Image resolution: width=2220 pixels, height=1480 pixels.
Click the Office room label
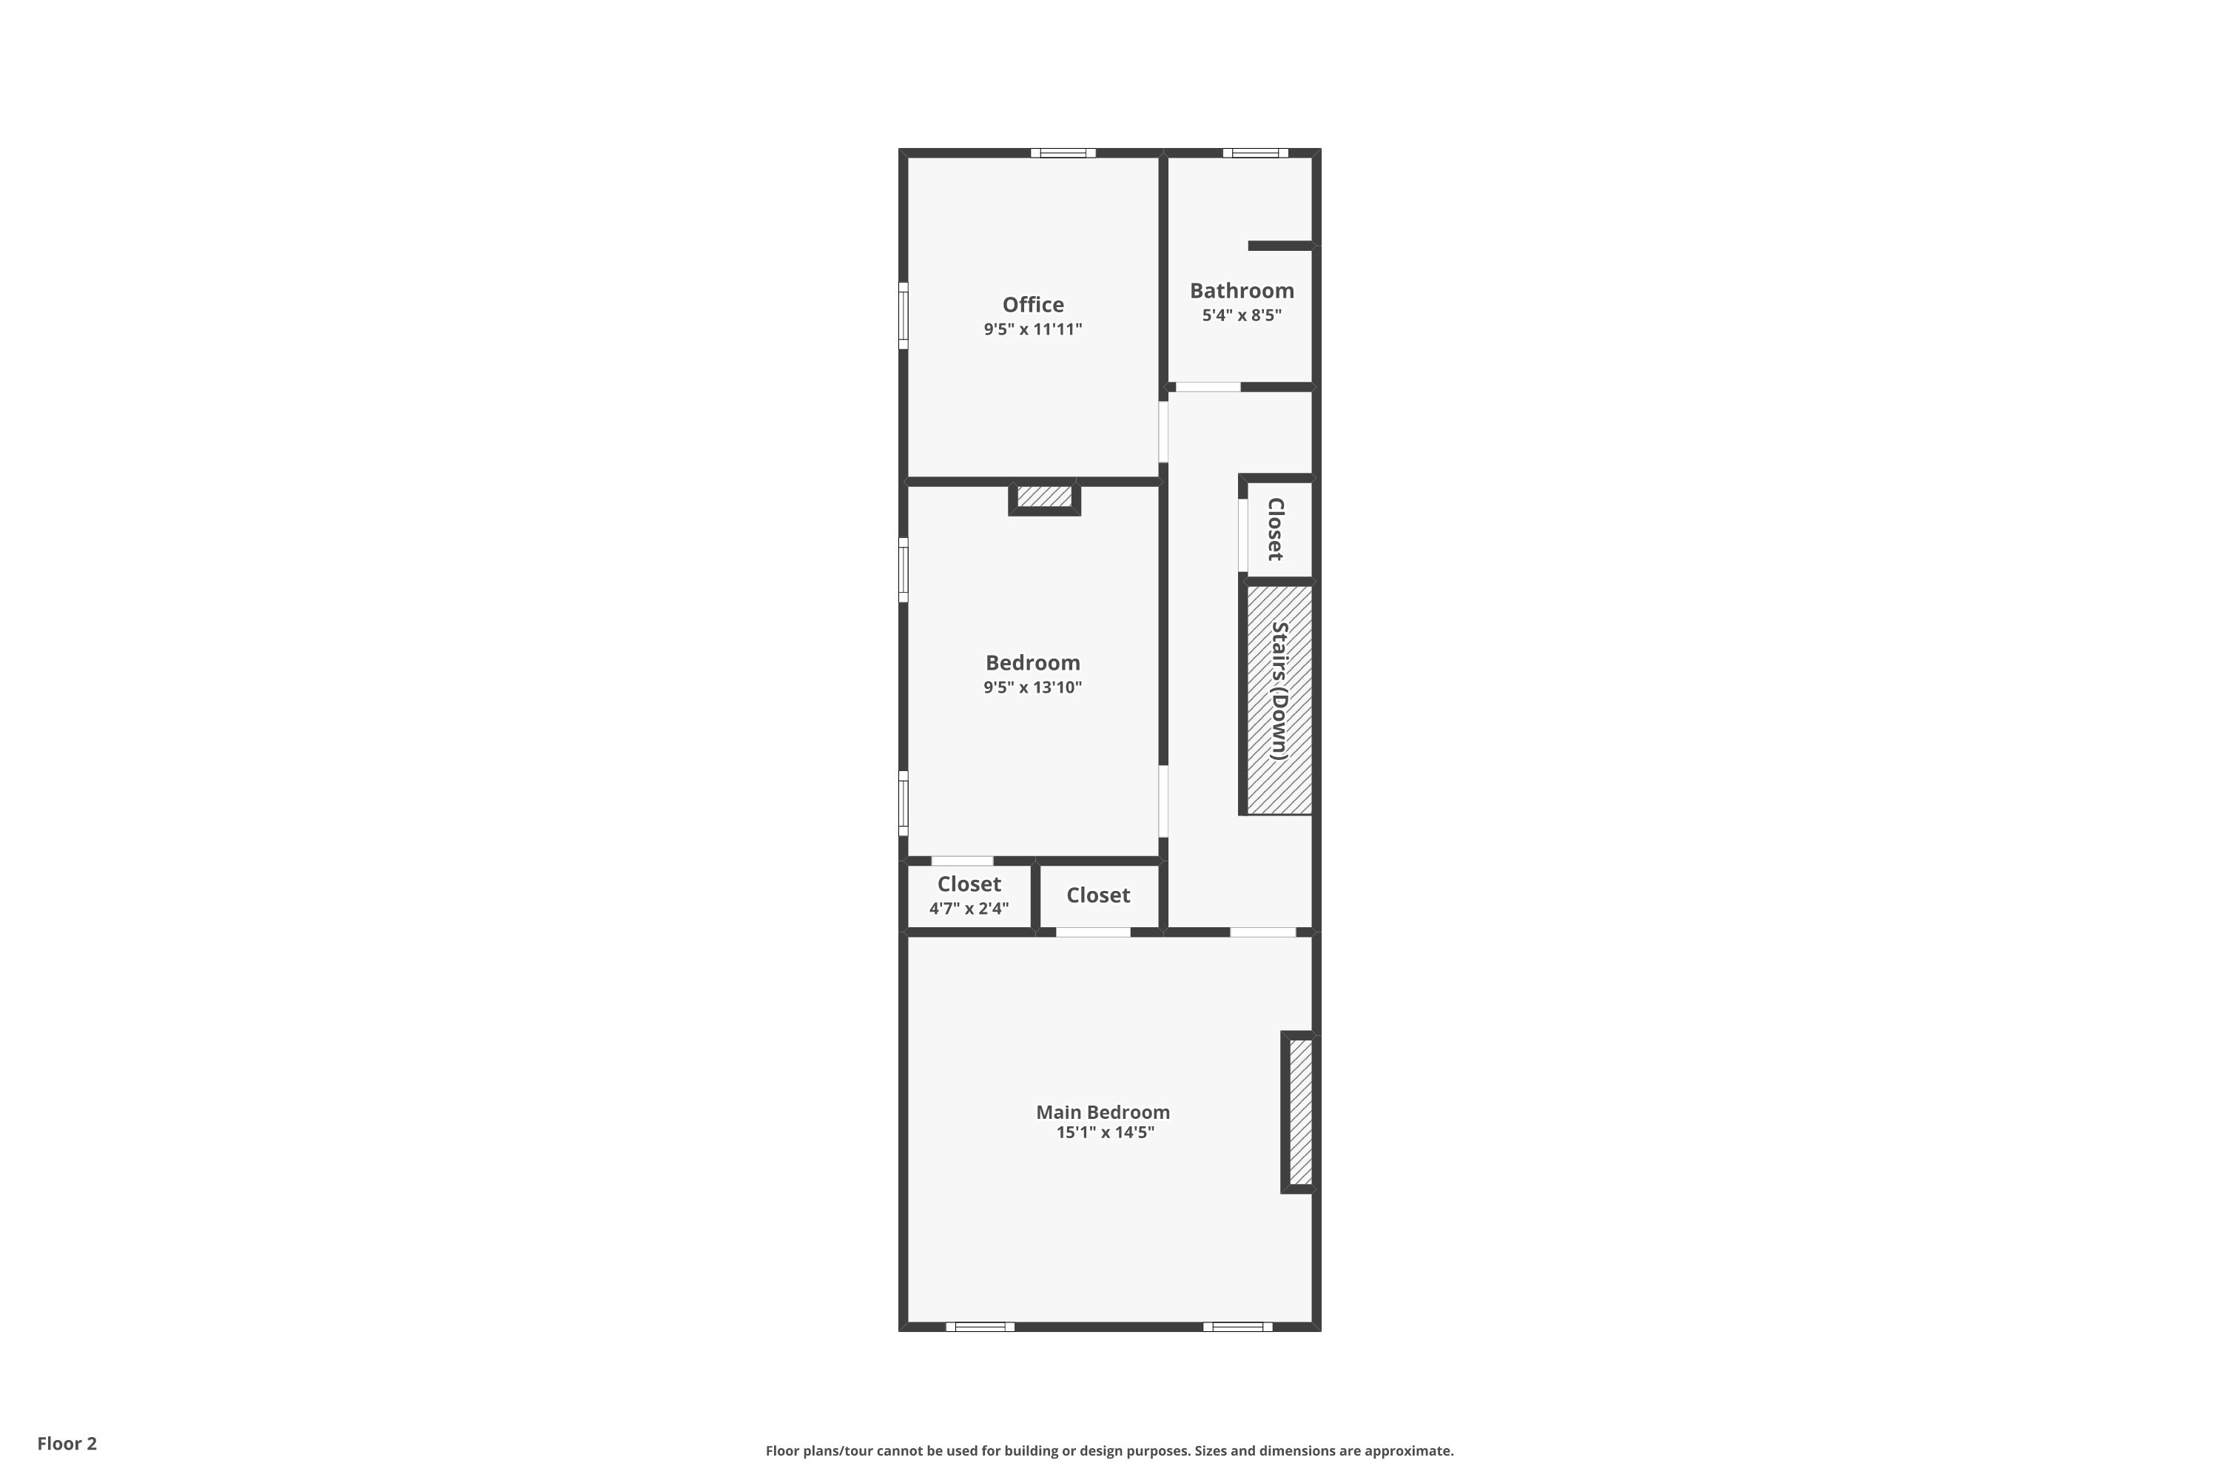click(x=1032, y=305)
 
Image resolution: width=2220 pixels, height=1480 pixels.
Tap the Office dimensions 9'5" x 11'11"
click(x=1032, y=329)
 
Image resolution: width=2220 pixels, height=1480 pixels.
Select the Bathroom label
click(x=1241, y=291)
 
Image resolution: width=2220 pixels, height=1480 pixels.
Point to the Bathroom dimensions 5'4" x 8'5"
click(x=1241, y=315)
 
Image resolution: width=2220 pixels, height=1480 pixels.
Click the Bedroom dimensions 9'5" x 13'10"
click(x=1032, y=687)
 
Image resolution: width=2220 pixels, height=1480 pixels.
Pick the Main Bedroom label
click(x=1103, y=1112)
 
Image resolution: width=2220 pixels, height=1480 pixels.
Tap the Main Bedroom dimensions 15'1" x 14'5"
click(x=1104, y=1133)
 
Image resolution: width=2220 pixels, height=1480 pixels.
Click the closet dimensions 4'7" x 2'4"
click(x=969, y=909)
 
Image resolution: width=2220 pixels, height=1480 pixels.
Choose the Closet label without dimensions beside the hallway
click(x=1097, y=895)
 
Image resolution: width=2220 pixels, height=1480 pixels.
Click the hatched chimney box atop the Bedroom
click(x=1044, y=497)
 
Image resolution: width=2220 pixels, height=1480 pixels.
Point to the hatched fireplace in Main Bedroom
click(x=1299, y=1112)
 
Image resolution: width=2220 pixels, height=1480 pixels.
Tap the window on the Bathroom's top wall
click(x=1255, y=153)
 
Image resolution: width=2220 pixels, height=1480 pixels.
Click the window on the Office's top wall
click(x=1063, y=153)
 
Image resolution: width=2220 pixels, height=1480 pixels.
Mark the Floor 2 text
click(x=67, y=1443)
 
